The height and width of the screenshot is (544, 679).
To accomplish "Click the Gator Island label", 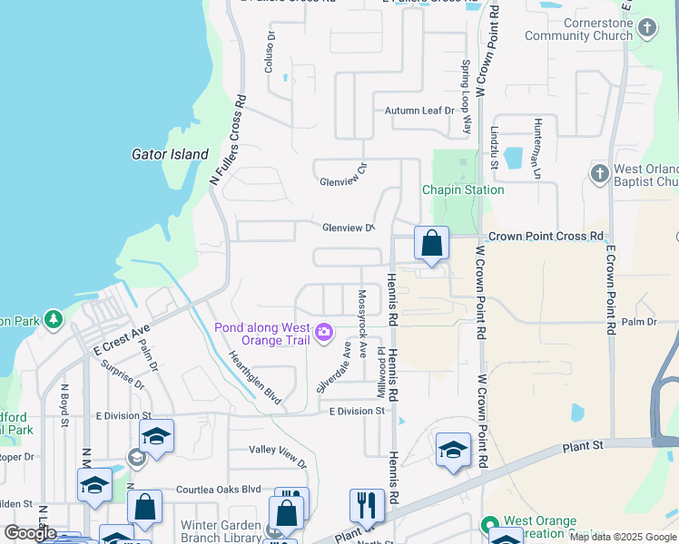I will tap(170, 154).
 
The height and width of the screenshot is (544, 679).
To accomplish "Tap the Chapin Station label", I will tap(463, 189).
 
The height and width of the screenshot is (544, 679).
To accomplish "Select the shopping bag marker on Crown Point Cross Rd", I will tap(431, 244).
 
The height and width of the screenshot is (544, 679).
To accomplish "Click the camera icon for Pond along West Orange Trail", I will tap(324, 333).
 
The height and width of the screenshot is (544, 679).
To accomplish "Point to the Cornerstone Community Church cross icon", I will tap(646, 27).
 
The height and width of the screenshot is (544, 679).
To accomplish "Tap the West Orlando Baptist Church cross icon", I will tap(598, 173).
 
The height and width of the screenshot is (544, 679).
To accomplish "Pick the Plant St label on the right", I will tap(583, 445).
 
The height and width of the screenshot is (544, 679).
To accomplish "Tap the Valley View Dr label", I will tap(280, 454).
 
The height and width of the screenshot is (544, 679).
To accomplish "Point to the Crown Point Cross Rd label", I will tap(546, 236).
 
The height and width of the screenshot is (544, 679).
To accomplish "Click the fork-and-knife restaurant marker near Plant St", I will tap(367, 505).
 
